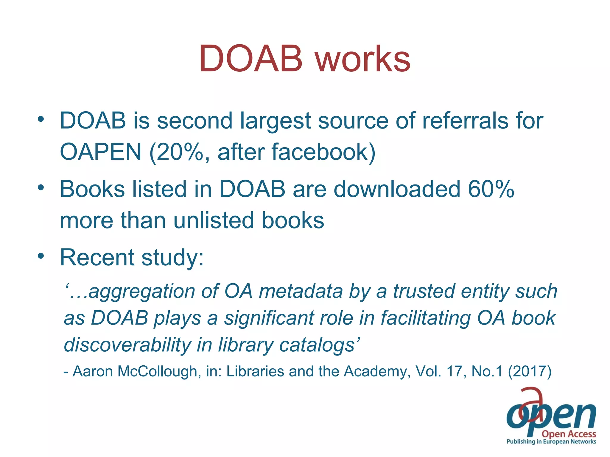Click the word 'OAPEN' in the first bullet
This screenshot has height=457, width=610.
[x=101, y=152]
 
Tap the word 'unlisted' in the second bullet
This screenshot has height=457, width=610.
[x=214, y=220]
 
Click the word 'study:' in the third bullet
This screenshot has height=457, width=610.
[x=172, y=258]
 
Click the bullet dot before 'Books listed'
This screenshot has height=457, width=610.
[x=41, y=187]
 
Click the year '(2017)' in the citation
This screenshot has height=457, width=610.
[x=530, y=371]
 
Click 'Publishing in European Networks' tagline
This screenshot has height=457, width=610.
[x=551, y=442]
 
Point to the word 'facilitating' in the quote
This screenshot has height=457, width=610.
[x=426, y=318]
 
